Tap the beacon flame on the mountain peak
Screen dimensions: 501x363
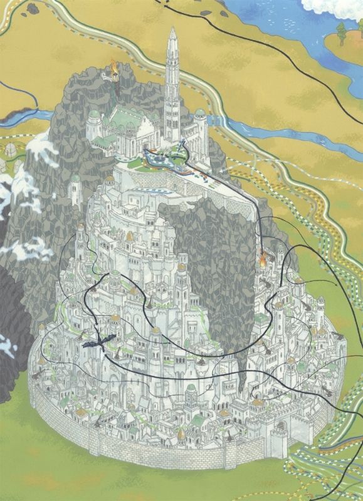coord(114,65)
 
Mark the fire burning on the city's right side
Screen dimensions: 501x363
coord(263,256)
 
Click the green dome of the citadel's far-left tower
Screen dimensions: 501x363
coord(93,116)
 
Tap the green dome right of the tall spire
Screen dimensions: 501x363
coord(200,113)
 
